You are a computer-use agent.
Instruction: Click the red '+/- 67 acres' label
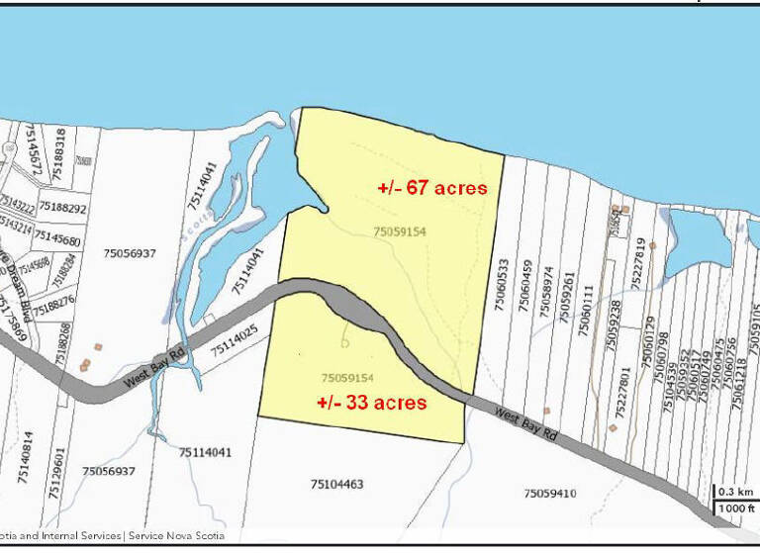click(x=432, y=187)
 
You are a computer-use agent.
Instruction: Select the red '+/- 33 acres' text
click(x=371, y=403)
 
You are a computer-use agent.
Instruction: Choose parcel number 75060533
click(x=501, y=287)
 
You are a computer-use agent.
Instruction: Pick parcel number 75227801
click(x=624, y=395)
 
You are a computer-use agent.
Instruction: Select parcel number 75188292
click(x=61, y=209)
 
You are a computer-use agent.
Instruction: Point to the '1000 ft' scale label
click(x=733, y=508)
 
